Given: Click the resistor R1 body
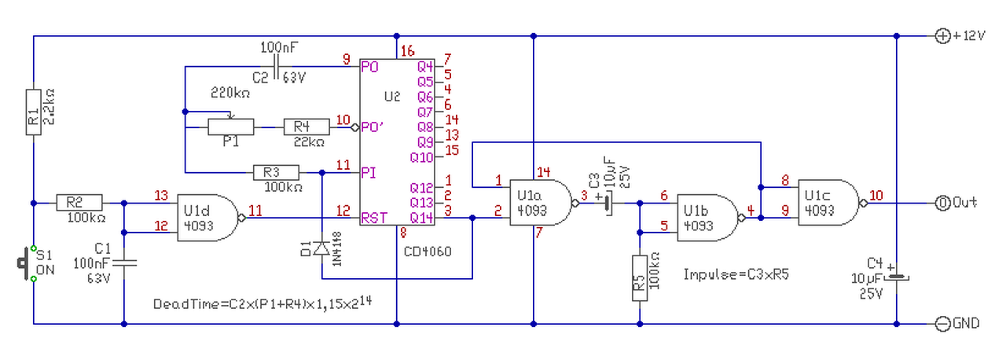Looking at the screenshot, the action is coord(34,112).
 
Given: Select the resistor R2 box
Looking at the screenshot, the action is coord(79,203).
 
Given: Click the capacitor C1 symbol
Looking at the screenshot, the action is coord(124,263).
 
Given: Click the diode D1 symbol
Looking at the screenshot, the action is coord(321,248).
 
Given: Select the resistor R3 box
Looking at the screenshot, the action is coord(276,173).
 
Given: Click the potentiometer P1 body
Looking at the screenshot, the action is coord(231,127).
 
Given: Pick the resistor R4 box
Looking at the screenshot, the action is coord(307,127).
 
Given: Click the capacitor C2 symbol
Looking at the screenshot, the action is coord(276,67).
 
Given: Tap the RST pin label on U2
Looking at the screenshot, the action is coord(373,219).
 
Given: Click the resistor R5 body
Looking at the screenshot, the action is coord(640,278).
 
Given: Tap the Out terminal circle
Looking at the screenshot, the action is coord(942,204).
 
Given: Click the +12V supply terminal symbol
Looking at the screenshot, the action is coord(942,36).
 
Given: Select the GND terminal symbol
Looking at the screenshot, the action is coord(942,324).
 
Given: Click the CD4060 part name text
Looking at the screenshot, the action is coord(428,252).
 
